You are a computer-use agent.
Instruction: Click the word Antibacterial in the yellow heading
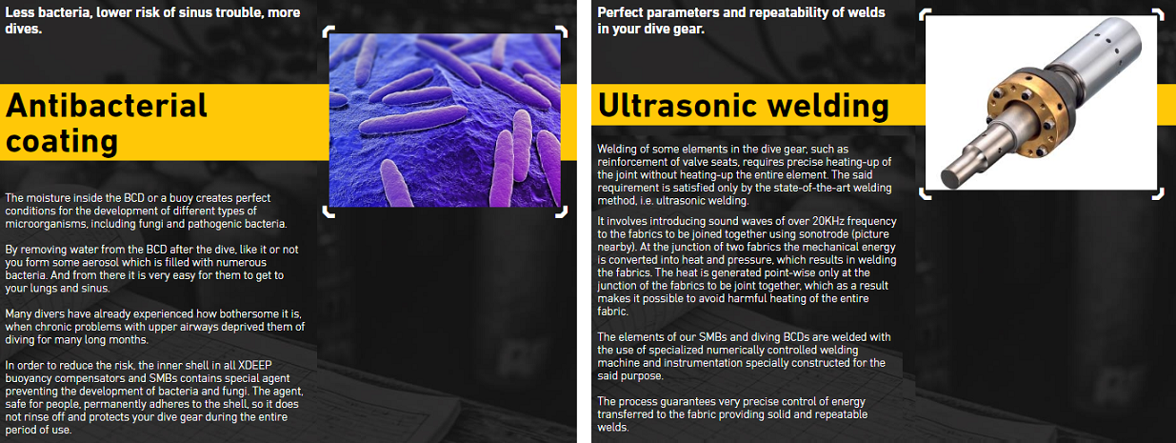tap(107, 105)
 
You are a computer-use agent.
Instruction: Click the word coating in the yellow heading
tap(62, 141)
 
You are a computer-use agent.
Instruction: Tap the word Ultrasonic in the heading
tap(678, 105)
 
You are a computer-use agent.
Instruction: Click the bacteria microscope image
tap(445, 120)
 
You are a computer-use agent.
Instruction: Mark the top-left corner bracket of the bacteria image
tap(328, 31)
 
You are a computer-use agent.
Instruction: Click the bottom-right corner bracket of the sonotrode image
tap(1158, 195)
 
